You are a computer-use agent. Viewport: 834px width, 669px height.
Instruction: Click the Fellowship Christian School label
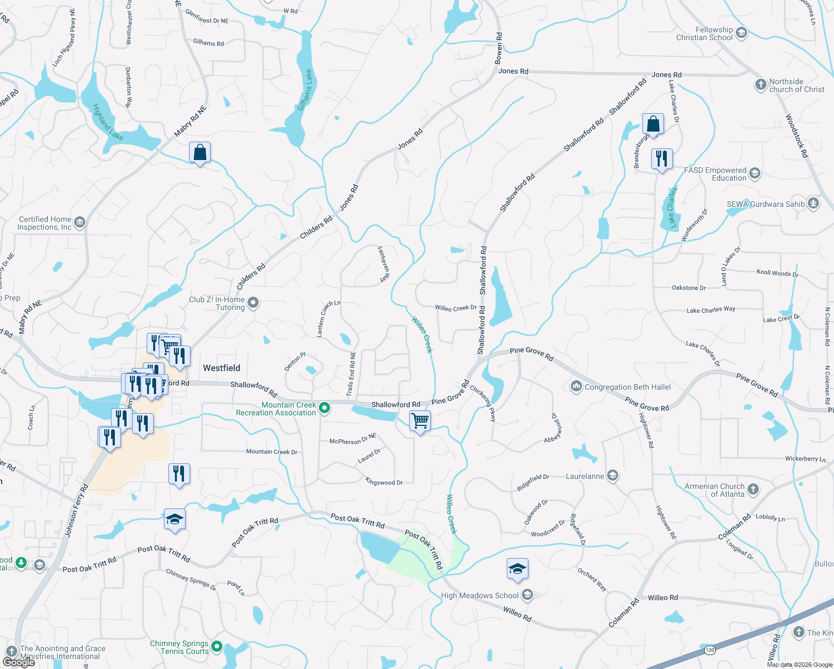[x=705, y=33]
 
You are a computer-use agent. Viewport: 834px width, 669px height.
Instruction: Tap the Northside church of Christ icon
[x=760, y=85]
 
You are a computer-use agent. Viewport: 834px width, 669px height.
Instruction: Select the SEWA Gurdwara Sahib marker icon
[x=813, y=203]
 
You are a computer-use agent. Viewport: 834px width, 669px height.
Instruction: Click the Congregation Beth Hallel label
[x=628, y=387]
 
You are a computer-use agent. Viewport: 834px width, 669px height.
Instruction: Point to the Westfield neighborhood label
[x=221, y=368]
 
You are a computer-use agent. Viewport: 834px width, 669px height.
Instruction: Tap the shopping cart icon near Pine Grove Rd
[x=420, y=421]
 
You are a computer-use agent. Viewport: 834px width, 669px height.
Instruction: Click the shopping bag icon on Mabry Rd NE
[x=200, y=152]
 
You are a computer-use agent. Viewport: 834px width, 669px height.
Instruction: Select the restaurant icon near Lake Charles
[x=662, y=159]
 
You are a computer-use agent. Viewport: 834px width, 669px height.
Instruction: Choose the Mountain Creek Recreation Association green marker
[x=324, y=409]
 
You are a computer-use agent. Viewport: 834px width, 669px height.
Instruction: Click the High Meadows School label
[x=479, y=595]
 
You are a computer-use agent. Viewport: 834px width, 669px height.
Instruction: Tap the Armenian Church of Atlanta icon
[x=753, y=489]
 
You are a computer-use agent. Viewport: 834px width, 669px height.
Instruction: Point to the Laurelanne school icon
[x=613, y=476]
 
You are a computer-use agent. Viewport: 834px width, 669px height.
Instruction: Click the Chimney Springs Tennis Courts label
[x=179, y=647]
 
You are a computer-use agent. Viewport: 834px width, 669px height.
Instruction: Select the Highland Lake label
[x=108, y=122]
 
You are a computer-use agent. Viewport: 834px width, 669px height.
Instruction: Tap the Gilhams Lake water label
[x=305, y=90]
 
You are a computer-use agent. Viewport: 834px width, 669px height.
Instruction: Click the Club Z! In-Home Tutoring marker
[x=253, y=303]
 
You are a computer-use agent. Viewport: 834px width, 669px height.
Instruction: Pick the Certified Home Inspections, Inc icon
[x=80, y=223]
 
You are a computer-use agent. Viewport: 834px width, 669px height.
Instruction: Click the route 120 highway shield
[x=710, y=650]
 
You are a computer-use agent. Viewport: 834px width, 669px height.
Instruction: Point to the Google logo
[x=18, y=662]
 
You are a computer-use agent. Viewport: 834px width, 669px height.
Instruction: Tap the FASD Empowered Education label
[x=715, y=174]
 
